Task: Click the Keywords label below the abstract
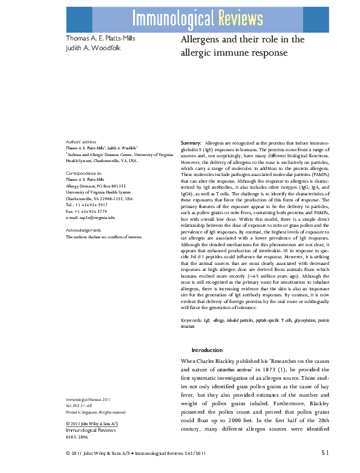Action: [194, 319]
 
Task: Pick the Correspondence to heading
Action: [84, 173]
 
